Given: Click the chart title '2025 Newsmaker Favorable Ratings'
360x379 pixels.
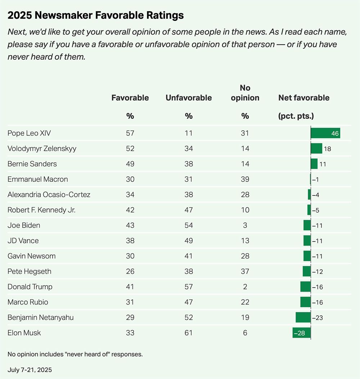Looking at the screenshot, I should [x=95, y=15].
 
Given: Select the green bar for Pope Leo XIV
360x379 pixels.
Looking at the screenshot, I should [x=325, y=133].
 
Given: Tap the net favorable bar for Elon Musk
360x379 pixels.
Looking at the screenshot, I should [x=301, y=333].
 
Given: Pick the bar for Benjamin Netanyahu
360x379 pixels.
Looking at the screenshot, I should [x=303, y=317].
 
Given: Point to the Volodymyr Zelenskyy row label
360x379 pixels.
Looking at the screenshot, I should [x=42, y=148].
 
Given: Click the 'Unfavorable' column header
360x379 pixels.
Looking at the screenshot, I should [x=189, y=98].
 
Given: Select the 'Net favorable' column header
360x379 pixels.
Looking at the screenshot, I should [x=304, y=98].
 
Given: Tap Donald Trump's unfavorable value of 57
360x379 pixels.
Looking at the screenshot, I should [x=189, y=287].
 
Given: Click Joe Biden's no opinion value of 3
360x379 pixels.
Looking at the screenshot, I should [x=245, y=225].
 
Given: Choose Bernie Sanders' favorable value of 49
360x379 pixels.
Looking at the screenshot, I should [x=130, y=164].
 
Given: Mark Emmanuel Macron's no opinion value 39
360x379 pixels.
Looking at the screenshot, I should [x=245, y=179].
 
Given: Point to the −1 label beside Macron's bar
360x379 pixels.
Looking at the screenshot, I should [x=316, y=179].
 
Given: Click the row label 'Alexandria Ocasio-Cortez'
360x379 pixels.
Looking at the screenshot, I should [x=49, y=195].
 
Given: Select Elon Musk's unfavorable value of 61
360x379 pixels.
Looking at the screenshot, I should [x=189, y=333].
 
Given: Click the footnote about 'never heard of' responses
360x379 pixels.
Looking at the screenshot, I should [x=75, y=354].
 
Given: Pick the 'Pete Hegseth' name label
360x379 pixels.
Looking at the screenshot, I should [x=30, y=271].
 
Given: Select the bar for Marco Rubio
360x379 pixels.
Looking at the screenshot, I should [x=305, y=302].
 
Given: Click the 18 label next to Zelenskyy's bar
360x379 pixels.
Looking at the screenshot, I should [x=327, y=148].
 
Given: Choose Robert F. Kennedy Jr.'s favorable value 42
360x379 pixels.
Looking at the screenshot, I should [x=130, y=210].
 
